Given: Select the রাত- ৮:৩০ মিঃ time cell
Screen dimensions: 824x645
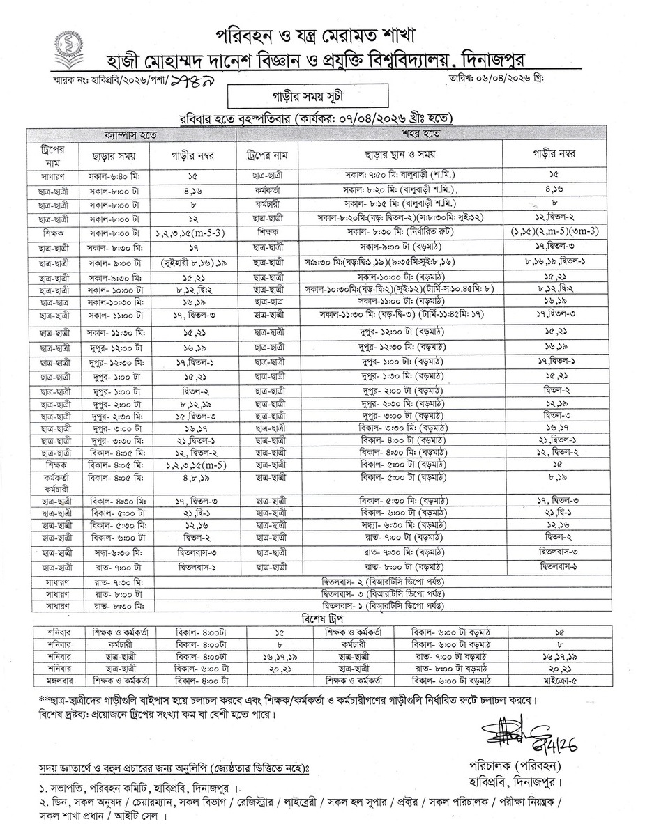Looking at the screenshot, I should pos(111,607).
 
